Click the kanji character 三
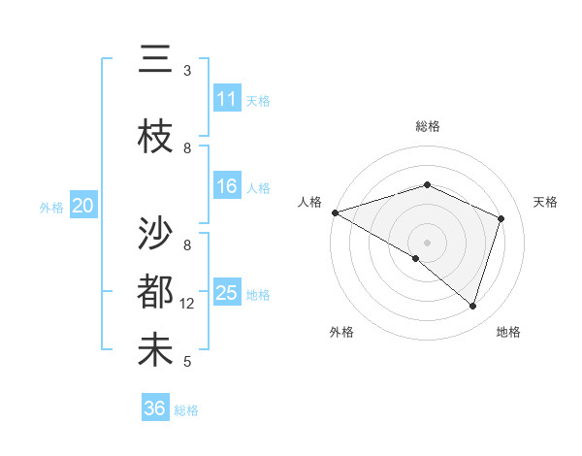coord(155,59)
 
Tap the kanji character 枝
coord(155,137)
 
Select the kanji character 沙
coord(155,232)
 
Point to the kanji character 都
coord(155,291)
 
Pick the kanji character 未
coord(155,350)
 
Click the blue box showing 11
coord(227,99)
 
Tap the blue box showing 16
coord(227,186)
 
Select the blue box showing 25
coord(227,293)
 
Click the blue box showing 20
coord(83,206)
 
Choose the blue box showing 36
coord(155,408)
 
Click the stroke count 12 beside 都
coord(188,304)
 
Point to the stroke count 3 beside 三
coord(187,71)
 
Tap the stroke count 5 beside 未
coord(187,362)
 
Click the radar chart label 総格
coord(427,126)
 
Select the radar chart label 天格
coord(545,202)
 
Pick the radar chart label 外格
coord(341,332)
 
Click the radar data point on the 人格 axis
coord(334,212)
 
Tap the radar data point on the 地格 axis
coord(472,306)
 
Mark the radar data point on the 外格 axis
coord(416,258)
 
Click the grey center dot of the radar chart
coord(427,242)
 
